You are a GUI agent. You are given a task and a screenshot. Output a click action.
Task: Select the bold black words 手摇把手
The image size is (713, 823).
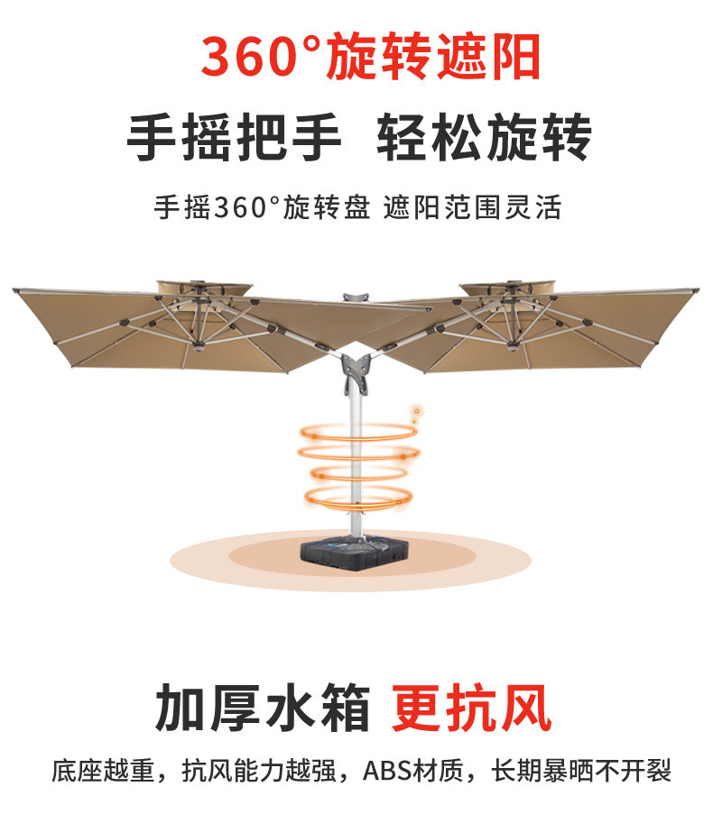[x=235, y=140]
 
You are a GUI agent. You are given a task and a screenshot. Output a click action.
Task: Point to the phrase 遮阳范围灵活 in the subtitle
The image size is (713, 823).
[x=472, y=208]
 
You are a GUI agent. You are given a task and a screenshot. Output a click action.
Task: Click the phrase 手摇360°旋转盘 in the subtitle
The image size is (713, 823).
[x=262, y=208]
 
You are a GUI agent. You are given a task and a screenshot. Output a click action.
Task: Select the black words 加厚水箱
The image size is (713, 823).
[x=264, y=707]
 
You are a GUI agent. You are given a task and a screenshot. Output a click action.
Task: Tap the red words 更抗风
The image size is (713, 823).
[x=472, y=707]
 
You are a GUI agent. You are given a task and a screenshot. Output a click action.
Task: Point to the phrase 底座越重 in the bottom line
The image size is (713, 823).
[x=104, y=772]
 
